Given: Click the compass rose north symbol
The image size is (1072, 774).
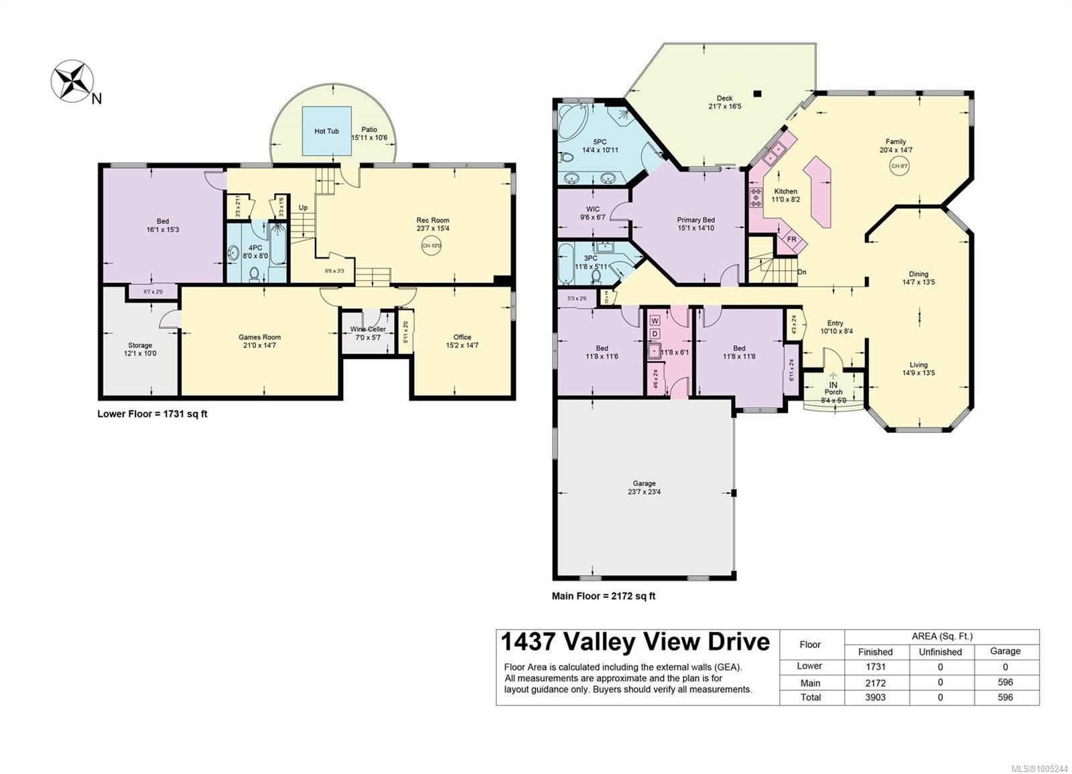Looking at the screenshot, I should (x=71, y=81).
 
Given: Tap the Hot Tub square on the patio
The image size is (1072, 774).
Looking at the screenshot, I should (x=326, y=131).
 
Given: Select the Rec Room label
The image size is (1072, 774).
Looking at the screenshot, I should (x=432, y=220).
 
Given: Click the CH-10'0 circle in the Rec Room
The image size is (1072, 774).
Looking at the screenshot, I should (x=431, y=246).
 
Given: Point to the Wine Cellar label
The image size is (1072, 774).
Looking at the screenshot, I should (x=367, y=329).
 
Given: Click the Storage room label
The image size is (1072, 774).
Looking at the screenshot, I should (x=140, y=345).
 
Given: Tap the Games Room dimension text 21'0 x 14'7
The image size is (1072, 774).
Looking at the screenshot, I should (x=259, y=346).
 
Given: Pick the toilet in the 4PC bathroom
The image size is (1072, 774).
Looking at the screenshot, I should (x=255, y=273).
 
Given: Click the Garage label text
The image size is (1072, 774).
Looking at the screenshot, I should (x=644, y=483).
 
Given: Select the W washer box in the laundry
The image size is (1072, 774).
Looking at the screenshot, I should (x=655, y=321).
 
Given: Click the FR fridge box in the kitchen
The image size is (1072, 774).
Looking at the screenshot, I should (x=791, y=239).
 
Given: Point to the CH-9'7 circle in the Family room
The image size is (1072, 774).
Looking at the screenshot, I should (x=898, y=166).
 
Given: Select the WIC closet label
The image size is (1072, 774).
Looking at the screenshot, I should (x=592, y=209).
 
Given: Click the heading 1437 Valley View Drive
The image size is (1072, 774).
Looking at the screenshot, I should (x=635, y=641).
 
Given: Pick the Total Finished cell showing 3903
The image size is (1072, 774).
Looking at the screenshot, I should (x=875, y=697).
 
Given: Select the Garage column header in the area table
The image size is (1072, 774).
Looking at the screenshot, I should (x=1005, y=651).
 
